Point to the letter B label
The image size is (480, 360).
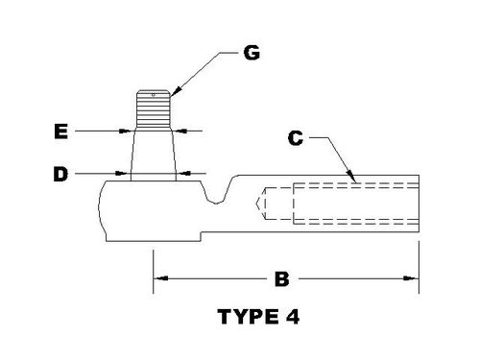point(282,279)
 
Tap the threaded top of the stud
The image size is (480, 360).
point(153,108)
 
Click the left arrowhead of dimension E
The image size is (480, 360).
point(126,131)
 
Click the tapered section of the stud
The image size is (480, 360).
point(153,152)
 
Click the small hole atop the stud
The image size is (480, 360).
point(154,92)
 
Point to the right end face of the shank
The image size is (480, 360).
point(419,204)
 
